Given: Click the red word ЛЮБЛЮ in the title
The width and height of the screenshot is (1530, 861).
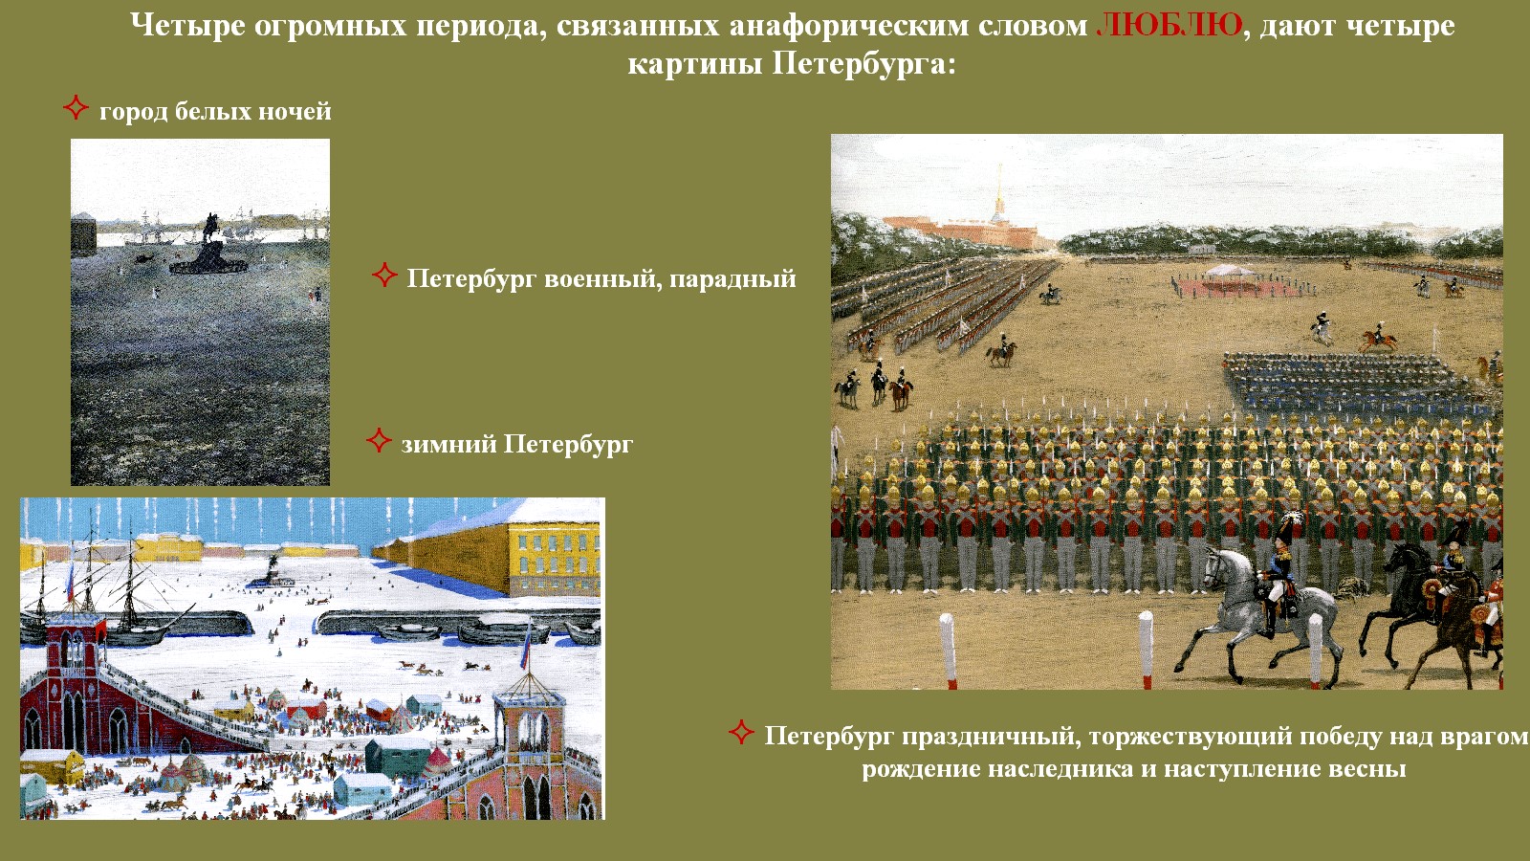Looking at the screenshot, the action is tap(1169, 26).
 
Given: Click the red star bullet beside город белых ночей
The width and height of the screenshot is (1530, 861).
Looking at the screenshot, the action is tap(76, 107).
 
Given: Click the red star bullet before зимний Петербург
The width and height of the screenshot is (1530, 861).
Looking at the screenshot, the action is tap(379, 440).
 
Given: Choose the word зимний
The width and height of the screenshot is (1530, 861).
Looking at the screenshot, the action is tap(448, 444).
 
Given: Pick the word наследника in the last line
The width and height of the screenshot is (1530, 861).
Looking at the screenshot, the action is tap(1060, 769).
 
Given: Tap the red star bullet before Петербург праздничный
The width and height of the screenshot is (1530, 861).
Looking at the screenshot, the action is tap(741, 732).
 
